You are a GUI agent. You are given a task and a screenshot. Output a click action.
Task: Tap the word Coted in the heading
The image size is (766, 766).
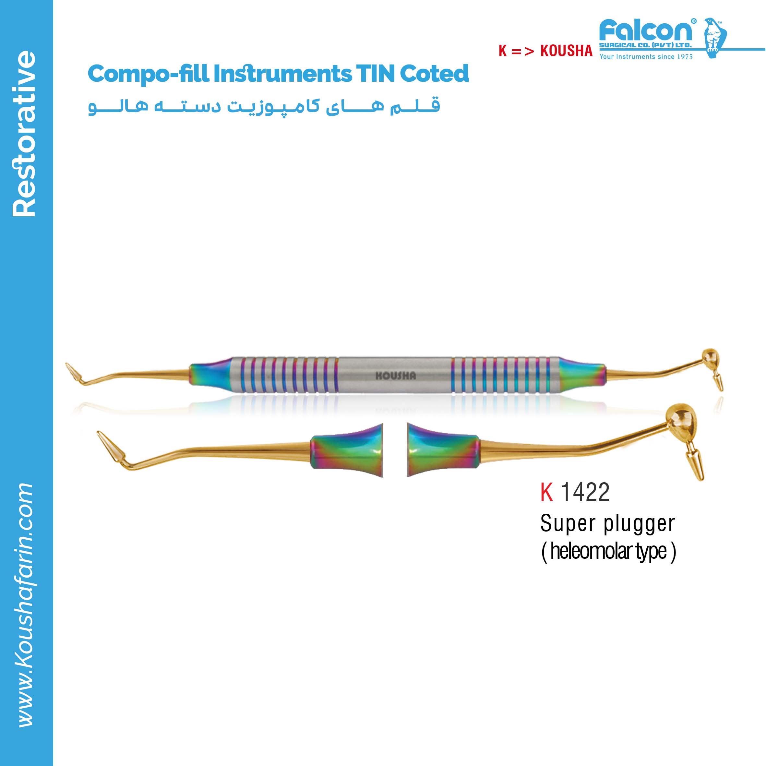[434, 73]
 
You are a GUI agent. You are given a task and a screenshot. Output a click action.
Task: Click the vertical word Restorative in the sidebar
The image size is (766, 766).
[25, 133]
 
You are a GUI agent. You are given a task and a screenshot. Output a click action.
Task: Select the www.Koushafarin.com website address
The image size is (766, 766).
[25, 604]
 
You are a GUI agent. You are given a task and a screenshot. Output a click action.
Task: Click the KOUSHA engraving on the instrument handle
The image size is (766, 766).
[396, 376]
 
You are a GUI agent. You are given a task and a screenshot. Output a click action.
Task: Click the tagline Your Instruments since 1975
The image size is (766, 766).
[646, 57]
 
